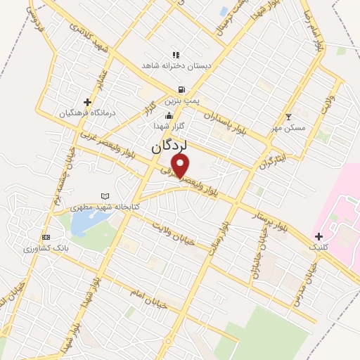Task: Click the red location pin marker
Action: click(181, 166)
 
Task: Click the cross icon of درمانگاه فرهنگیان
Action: click(87, 102)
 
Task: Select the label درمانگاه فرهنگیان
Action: click(67, 113)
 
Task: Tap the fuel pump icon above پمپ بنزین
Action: click(182, 89)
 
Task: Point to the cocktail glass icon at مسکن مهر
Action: click(288, 117)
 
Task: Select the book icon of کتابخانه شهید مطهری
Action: click(105, 196)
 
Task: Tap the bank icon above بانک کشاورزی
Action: click(46, 237)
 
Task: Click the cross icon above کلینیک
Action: click(319, 236)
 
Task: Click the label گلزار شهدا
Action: click(169, 125)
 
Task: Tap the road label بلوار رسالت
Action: click(216, 239)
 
